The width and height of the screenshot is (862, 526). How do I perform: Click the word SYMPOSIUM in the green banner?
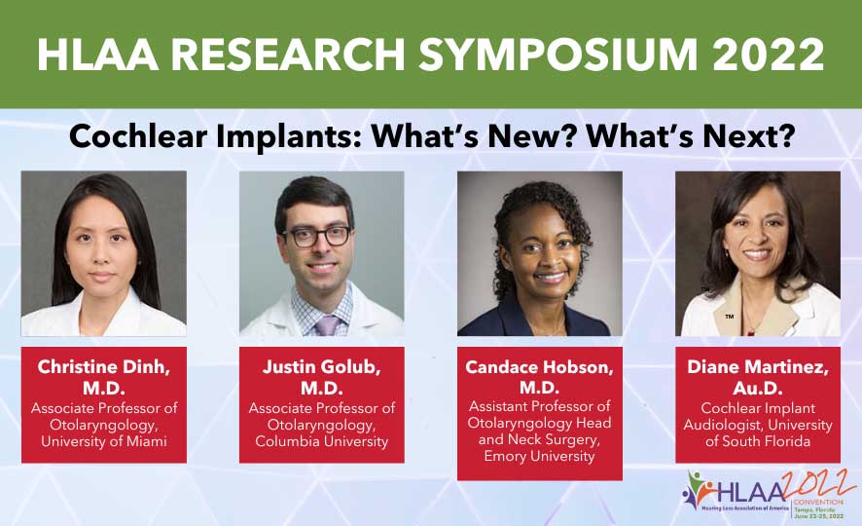click(550, 55)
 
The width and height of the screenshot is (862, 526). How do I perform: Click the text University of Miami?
click(103, 442)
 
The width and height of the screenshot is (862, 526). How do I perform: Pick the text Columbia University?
click(321, 442)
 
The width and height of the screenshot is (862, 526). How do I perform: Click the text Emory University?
click(539, 456)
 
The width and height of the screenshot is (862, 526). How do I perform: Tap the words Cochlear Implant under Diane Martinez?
click(758, 408)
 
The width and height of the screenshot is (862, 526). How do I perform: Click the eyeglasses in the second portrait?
click(317, 236)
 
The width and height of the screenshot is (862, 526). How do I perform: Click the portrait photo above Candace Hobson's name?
click(539, 253)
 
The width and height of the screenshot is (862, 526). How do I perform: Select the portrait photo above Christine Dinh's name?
click(103, 253)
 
